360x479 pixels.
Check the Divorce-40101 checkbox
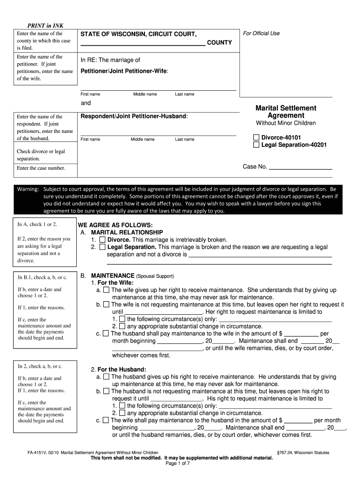tap(256, 138)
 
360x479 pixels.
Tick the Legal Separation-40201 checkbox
tap(256, 145)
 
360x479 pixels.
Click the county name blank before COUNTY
tap(143, 44)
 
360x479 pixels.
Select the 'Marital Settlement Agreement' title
tap(286, 112)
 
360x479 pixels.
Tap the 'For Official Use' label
tap(261, 33)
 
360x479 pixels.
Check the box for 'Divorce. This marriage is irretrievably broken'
tap(102, 239)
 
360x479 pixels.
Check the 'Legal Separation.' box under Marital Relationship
tap(102, 247)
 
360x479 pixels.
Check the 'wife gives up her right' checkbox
tap(106, 290)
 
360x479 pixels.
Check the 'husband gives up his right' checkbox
tap(106, 377)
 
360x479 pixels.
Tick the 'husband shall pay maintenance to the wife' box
tap(106, 334)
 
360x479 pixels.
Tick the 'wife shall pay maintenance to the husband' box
tap(106, 420)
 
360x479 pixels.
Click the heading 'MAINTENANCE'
tap(112, 276)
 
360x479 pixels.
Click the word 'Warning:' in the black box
tap(28, 189)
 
